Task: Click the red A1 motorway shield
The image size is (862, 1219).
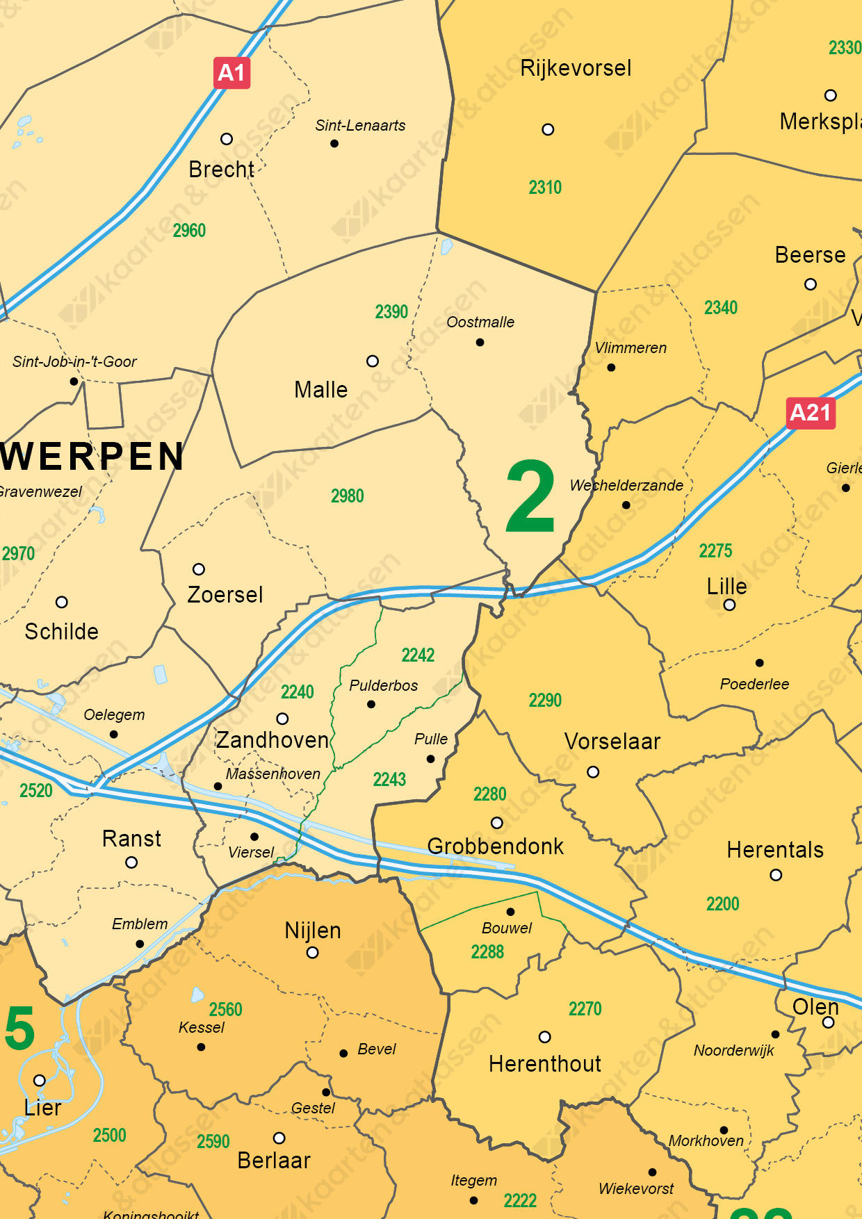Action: [231, 72]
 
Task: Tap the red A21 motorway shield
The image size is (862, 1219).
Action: [811, 413]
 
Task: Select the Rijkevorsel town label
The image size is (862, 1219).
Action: [576, 68]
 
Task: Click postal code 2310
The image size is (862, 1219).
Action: [545, 188]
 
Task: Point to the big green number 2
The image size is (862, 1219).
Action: [530, 498]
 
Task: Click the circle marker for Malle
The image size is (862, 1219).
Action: [373, 361]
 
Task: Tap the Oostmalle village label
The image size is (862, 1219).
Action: [480, 322]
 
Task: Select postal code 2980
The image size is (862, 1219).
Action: [347, 496]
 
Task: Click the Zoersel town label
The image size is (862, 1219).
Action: [225, 595]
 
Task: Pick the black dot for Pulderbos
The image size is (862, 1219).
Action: [371, 704]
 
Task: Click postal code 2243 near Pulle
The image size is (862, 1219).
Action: [389, 780]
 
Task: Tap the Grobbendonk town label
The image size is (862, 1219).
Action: [495, 846]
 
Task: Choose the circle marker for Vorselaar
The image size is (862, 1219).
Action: [593, 772]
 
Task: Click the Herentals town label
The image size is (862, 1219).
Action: [775, 850]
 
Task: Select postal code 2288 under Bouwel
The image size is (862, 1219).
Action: [487, 952]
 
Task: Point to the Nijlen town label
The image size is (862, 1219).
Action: [313, 931]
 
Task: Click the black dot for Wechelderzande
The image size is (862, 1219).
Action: [626, 505]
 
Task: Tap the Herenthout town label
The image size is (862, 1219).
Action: [545, 1064]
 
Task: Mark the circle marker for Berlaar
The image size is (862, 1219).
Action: [279, 1138]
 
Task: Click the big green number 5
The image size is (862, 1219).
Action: [19, 1029]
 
